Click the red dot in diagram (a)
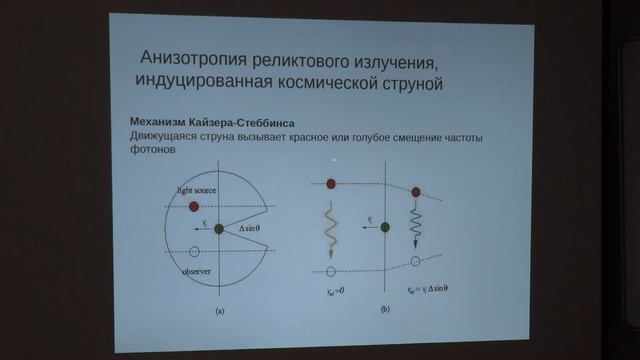click(x=194, y=206)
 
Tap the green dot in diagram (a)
click(x=218, y=229)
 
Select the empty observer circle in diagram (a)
click(x=194, y=251)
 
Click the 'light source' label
click(x=197, y=189)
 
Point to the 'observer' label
click(x=196, y=271)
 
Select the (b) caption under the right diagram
click(x=385, y=310)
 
